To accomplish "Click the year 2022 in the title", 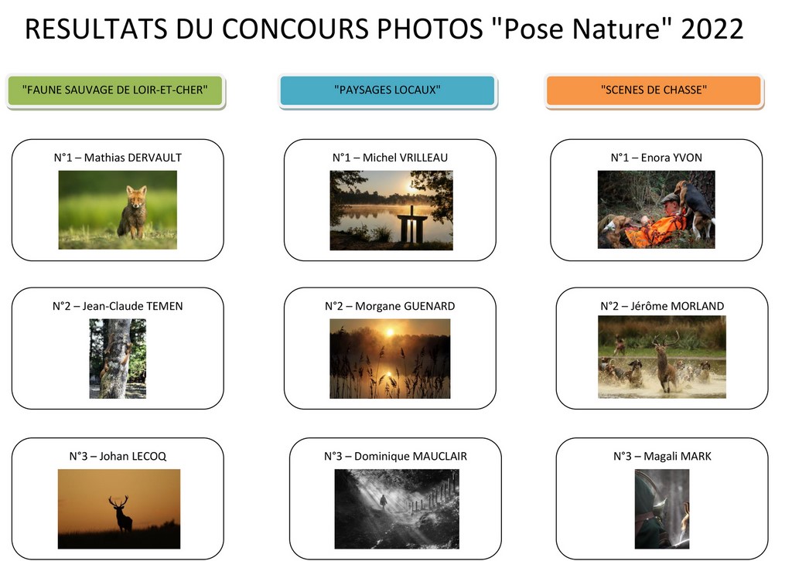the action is pyautogui.click(x=712, y=29).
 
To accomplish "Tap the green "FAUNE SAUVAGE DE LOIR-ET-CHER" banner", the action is pyautogui.click(x=115, y=90).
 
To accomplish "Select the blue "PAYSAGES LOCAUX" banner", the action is pyautogui.click(x=387, y=90).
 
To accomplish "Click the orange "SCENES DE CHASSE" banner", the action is pyautogui.click(x=654, y=90).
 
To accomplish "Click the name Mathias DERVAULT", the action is pyautogui.click(x=133, y=158).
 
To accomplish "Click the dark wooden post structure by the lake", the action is pyautogui.click(x=412, y=225).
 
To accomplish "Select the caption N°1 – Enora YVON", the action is pyautogui.click(x=656, y=158).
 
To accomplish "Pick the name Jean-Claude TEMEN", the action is pyautogui.click(x=132, y=306).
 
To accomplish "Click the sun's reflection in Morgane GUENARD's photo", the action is pyautogui.click(x=389, y=375).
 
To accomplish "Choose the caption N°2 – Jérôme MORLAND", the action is pyautogui.click(x=662, y=306).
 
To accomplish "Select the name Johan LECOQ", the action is pyautogui.click(x=133, y=456).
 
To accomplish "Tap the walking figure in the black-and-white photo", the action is pyautogui.click(x=384, y=501).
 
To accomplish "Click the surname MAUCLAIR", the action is pyautogui.click(x=439, y=456).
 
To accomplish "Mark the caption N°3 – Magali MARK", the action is pyautogui.click(x=662, y=456).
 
